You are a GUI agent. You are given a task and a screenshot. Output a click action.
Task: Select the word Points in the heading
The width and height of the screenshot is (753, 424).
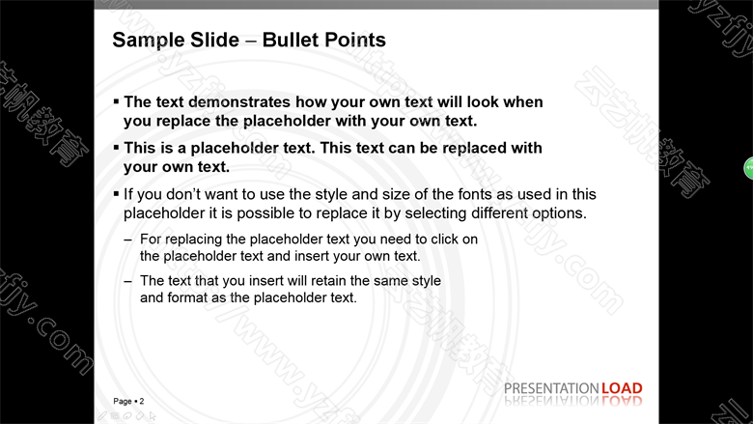click(355, 40)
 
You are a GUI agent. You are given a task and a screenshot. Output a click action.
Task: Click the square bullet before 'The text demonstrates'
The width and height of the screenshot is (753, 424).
click(116, 100)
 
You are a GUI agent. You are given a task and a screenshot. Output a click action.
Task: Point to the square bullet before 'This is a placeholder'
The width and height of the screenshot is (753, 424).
click(116, 147)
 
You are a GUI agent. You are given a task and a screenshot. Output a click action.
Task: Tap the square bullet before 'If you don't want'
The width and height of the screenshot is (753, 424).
click(116, 193)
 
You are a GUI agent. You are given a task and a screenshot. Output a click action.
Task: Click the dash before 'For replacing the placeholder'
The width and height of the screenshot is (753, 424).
click(127, 240)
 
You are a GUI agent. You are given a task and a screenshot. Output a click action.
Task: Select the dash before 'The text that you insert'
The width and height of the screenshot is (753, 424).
click(127, 281)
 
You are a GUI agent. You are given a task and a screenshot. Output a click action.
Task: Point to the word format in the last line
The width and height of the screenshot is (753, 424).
click(187, 297)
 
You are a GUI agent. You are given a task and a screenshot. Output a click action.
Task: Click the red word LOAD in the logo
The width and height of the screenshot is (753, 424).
click(622, 388)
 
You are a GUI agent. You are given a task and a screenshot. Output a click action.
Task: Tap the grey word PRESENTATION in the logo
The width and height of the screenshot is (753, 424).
click(551, 388)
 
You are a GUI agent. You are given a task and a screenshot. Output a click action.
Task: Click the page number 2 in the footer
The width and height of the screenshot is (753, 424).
click(142, 401)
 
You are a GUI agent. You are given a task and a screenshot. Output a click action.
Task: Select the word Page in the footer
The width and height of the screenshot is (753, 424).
click(123, 401)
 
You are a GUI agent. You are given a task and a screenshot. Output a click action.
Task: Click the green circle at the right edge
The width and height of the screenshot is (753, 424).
click(749, 168)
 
